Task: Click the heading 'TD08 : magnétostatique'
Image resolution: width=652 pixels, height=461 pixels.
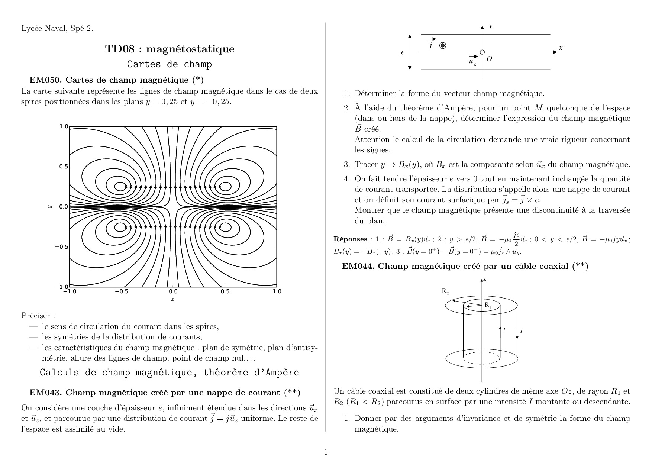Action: (x=170, y=49)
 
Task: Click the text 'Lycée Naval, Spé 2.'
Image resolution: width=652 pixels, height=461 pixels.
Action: (x=57, y=28)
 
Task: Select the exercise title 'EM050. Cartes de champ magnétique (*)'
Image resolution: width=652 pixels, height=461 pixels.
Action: (x=116, y=80)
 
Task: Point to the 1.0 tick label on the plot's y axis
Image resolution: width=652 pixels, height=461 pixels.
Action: (x=64, y=126)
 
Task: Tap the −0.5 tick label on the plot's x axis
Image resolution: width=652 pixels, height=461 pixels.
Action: (x=121, y=291)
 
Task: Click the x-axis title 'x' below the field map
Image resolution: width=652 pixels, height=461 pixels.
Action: (x=173, y=299)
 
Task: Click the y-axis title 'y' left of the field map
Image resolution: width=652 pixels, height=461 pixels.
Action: (x=49, y=207)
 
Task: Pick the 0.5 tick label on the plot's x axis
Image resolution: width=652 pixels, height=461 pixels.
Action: (x=225, y=291)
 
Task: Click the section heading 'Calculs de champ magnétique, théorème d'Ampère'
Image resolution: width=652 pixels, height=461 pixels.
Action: (x=170, y=373)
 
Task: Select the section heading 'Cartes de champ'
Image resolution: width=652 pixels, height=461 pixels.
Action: (x=170, y=64)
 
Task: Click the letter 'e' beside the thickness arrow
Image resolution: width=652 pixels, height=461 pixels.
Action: (x=403, y=52)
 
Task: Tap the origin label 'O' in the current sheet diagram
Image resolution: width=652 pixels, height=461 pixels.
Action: (x=489, y=59)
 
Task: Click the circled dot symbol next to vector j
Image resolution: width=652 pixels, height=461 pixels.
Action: (x=443, y=46)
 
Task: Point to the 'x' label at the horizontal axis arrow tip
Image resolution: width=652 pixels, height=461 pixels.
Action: (x=561, y=48)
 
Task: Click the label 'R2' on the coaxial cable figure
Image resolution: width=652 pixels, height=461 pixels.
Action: (x=445, y=291)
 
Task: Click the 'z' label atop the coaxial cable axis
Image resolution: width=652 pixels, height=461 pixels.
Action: (x=485, y=279)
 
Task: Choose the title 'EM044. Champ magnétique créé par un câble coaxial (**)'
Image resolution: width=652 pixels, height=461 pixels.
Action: (x=465, y=266)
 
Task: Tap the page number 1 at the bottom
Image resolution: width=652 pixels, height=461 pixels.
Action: (x=326, y=452)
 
